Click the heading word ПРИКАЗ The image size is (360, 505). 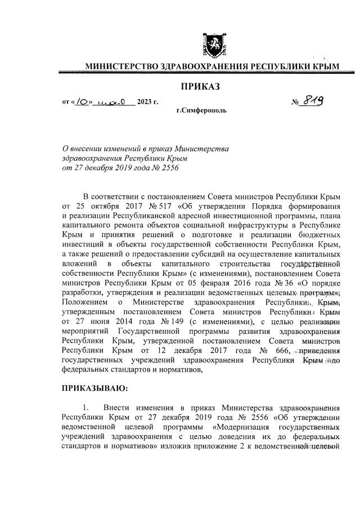200,86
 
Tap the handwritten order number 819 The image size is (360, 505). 317,101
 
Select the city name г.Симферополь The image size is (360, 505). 201,111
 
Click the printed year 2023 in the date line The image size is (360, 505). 147,102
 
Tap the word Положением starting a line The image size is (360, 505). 84,302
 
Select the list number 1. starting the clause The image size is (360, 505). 86,408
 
